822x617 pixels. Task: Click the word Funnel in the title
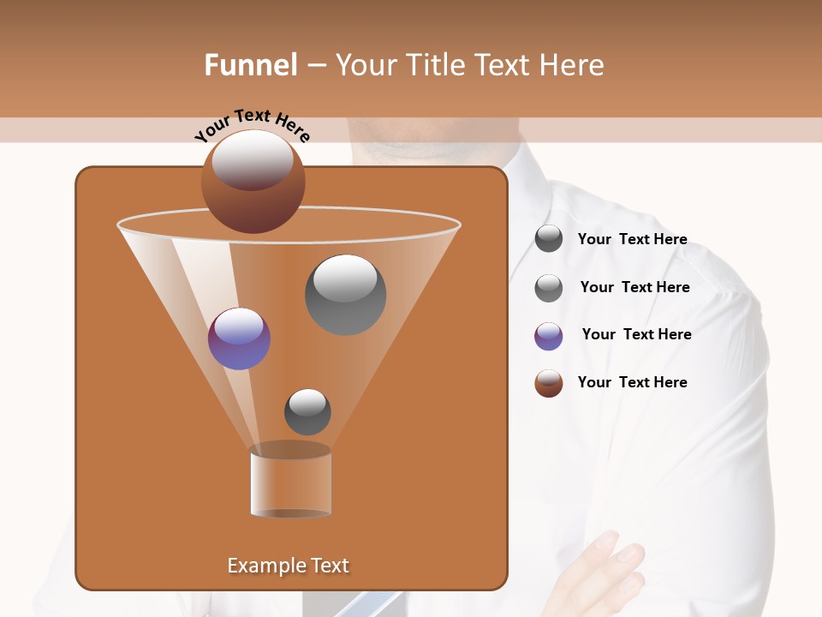251,65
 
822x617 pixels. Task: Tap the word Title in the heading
433,65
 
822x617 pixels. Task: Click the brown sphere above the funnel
253,182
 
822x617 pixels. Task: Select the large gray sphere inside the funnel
345,294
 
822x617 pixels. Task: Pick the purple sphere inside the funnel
239,338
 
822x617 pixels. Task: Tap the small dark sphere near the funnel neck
307,411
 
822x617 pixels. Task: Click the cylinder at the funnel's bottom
290,482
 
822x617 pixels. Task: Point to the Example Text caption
288,566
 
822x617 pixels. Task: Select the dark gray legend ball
548,239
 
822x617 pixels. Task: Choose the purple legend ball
548,336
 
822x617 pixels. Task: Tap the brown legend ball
548,383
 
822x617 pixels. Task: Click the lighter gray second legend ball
548,288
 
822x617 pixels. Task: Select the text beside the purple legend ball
636,334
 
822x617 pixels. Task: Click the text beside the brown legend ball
632,382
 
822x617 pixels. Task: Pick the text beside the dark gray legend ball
632,239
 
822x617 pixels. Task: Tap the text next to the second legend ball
634,287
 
